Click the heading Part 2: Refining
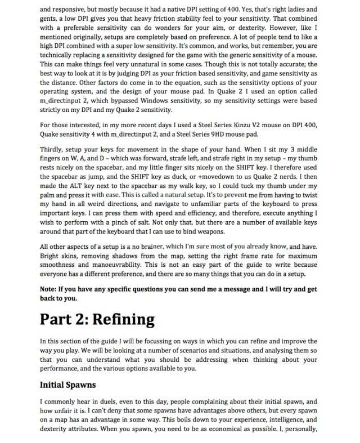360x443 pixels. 97,320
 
